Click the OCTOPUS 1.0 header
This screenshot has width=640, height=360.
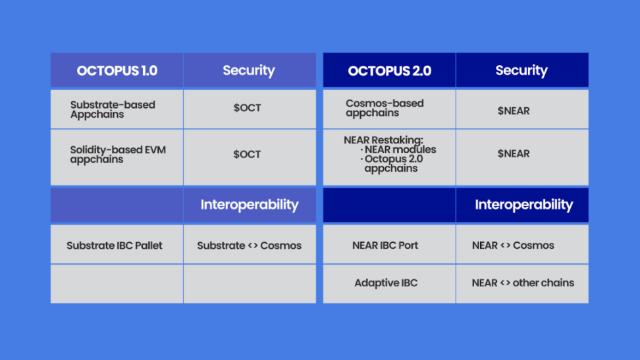pos(117,70)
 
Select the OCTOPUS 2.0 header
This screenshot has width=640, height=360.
pos(389,70)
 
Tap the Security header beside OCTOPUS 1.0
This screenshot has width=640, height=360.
pos(249,70)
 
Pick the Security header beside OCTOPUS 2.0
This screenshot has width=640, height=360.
pos(521,70)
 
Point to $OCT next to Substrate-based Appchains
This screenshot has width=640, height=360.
pos(247,108)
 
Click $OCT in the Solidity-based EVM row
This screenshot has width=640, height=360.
pos(247,154)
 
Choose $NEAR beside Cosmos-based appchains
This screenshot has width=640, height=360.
pos(514,111)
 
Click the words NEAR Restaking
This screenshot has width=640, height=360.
pos(383,140)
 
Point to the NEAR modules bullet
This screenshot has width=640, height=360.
pos(398,149)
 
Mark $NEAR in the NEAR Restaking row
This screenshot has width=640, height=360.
pos(514,153)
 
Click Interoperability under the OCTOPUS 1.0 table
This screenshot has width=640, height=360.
pos(250,205)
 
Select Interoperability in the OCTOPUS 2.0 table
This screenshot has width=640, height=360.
pos(523,205)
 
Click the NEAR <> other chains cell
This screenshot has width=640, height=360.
pos(523,282)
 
